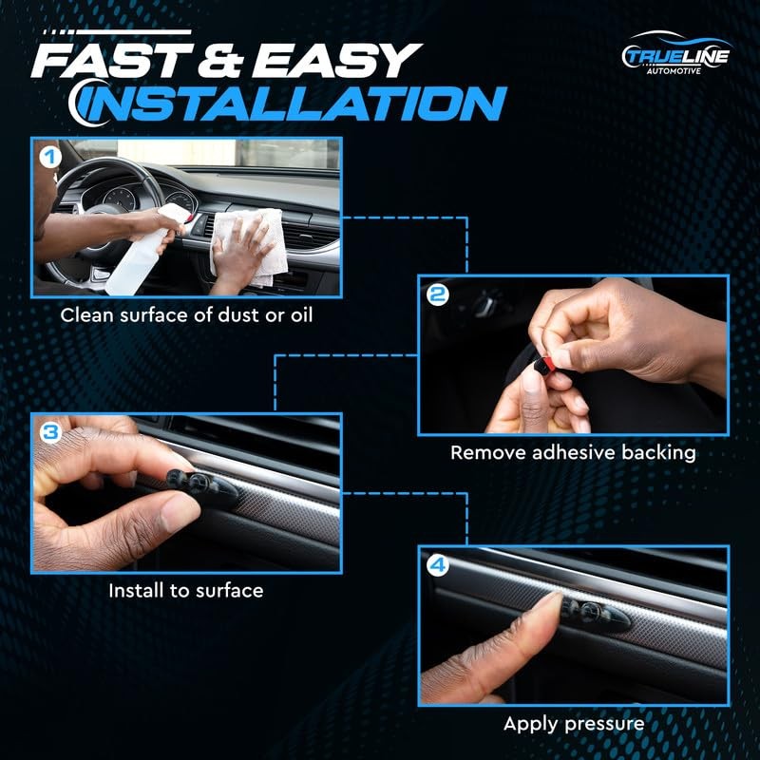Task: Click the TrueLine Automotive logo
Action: tap(676, 53)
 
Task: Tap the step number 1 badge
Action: tap(50, 158)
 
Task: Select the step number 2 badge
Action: tap(438, 294)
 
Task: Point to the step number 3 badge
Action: tap(50, 432)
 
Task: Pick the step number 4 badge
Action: tap(437, 565)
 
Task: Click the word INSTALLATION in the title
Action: tap(289, 104)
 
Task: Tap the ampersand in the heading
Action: tap(220, 61)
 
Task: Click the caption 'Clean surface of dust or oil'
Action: tap(186, 315)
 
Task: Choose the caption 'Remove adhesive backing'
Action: tap(573, 453)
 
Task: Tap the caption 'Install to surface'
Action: tap(186, 590)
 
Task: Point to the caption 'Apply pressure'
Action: tap(574, 724)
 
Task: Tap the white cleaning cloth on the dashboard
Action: tap(248, 246)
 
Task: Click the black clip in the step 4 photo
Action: tap(596, 613)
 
